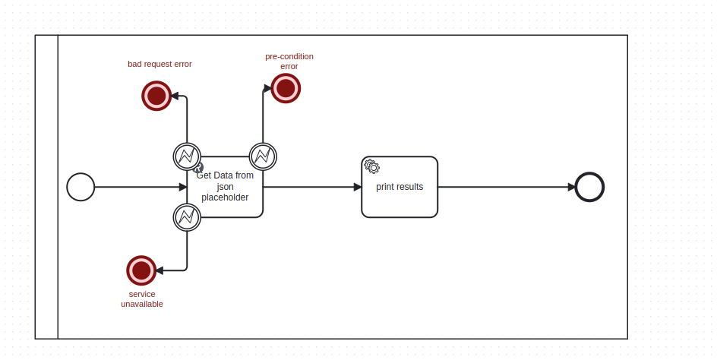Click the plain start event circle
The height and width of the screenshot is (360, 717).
point(81,187)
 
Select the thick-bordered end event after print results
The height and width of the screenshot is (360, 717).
point(589,187)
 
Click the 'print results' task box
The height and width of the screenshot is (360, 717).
point(400,188)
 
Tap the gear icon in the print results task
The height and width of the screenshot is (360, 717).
point(371,166)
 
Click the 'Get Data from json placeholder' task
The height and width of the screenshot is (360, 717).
point(225,188)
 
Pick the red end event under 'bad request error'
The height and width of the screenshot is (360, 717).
point(156,96)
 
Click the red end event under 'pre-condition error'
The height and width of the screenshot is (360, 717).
point(286,88)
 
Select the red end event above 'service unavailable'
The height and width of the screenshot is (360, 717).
point(141,270)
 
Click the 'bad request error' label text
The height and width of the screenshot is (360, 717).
point(160,64)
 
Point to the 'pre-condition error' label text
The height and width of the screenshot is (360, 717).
point(289,62)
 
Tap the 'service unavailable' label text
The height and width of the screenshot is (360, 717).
point(142,298)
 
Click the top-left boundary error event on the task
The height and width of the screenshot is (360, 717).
point(187,156)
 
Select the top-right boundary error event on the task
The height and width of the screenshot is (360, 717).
point(263,156)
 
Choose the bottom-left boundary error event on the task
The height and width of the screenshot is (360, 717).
point(187,217)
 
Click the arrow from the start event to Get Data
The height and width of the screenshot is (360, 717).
point(137,187)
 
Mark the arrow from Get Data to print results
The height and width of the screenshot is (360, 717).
point(311,187)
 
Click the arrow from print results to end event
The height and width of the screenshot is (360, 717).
point(505,187)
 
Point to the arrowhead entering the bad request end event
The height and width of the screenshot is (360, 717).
point(175,96)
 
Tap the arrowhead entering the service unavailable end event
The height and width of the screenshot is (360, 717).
point(160,270)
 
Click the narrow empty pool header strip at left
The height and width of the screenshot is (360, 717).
point(46,187)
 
